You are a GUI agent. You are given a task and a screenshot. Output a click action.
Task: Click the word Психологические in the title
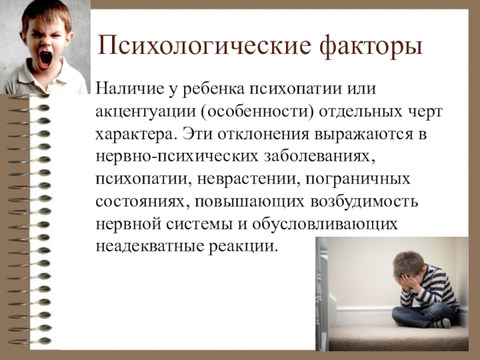[204, 46]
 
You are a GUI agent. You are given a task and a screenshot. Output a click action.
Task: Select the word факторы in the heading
[371, 47]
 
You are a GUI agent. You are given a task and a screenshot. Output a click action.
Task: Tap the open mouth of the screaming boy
[46, 58]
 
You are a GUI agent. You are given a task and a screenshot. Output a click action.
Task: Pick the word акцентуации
[146, 112]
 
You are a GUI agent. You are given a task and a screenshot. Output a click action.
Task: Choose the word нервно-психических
[177, 157]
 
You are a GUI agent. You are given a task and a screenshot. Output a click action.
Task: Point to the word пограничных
[357, 179]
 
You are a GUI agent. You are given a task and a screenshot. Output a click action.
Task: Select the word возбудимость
[364, 202]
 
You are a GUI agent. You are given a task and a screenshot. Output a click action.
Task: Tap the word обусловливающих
[325, 224]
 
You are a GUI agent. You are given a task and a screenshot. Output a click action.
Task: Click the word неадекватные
[149, 247]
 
